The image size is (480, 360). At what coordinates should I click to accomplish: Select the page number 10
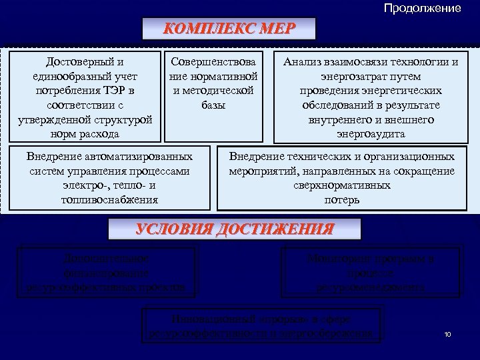tap(447, 334)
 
